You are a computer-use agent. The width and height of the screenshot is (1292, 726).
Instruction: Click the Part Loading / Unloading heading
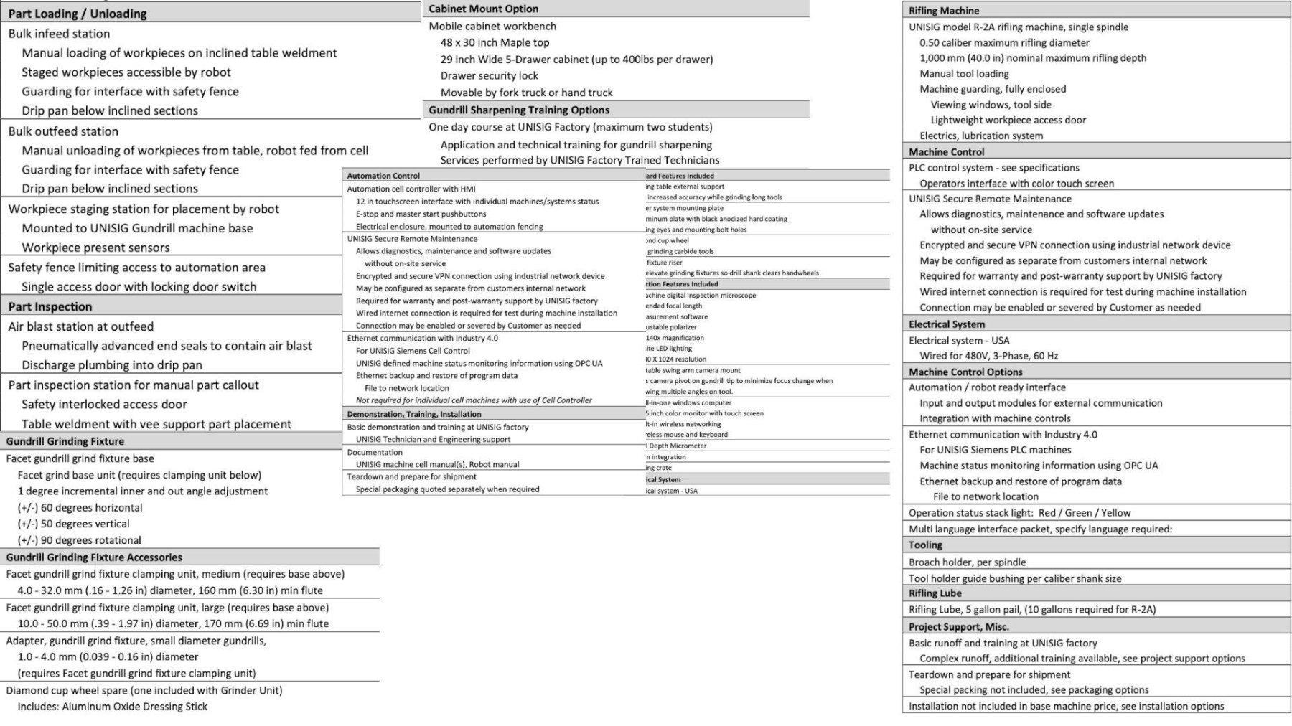(x=78, y=14)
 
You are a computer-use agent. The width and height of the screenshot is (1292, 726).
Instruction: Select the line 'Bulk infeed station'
(x=59, y=34)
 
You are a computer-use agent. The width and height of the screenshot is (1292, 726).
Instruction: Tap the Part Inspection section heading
(x=50, y=306)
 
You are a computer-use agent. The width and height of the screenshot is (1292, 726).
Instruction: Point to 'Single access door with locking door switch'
(x=139, y=287)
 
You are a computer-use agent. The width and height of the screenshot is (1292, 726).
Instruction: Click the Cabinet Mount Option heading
(x=483, y=9)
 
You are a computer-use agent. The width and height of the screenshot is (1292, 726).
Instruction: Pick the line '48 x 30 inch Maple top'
(x=495, y=42)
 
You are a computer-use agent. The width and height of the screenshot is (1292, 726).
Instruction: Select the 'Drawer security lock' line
(x=489, y=75)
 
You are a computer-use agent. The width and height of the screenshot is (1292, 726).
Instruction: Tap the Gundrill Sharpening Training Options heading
(x=519, y=110)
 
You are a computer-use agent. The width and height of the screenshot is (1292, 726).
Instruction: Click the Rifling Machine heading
(x=943, y=11)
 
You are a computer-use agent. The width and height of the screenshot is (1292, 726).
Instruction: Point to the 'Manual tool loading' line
(x=964, y=73)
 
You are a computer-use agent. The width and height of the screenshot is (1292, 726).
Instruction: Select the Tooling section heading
(x=925, y=545)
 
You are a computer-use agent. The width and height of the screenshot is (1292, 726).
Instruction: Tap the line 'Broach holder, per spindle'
(x=967, y=562)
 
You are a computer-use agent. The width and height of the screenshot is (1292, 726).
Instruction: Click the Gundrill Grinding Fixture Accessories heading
(x=94, y=557)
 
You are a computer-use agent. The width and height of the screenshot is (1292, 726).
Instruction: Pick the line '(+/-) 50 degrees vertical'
(x=73, y=524)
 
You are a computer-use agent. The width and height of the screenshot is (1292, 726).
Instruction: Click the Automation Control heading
(x=383, y=176)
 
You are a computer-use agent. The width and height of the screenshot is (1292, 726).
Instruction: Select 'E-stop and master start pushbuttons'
(x=421, y=214)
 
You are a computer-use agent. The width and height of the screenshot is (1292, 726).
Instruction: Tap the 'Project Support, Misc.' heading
(x=958, y=627)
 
